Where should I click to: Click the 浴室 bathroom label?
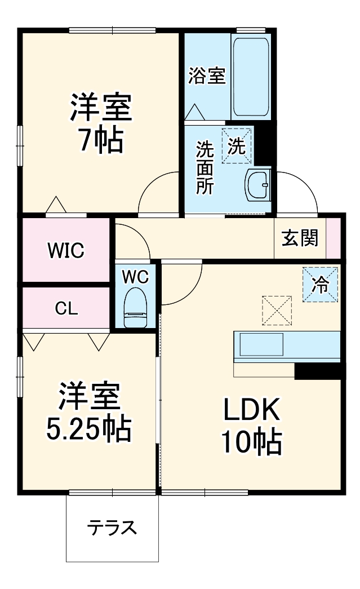pyautogui.click(x=207, y=76)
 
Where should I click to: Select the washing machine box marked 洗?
pyautogui.click(x=237, y=147)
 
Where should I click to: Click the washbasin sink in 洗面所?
pyautogui.click(x=258, y=184)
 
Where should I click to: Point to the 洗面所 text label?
pyautogui.click(x=205, y=168)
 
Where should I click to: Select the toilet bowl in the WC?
pyautogui.click(x=135, y=308)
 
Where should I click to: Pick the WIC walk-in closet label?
pyautogui.click(x=65, y=250)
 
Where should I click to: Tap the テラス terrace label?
pyautogui.click(x=112, y=528)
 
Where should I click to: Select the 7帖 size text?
pyautogui.click(x=100, y=140)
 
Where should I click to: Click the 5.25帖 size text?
pyautogui.click(x=88, y=429)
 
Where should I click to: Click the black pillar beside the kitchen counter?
pyautogui.click(x=318, y=371)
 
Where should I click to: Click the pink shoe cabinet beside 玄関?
pyautogui.click(x=334, y=237)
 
